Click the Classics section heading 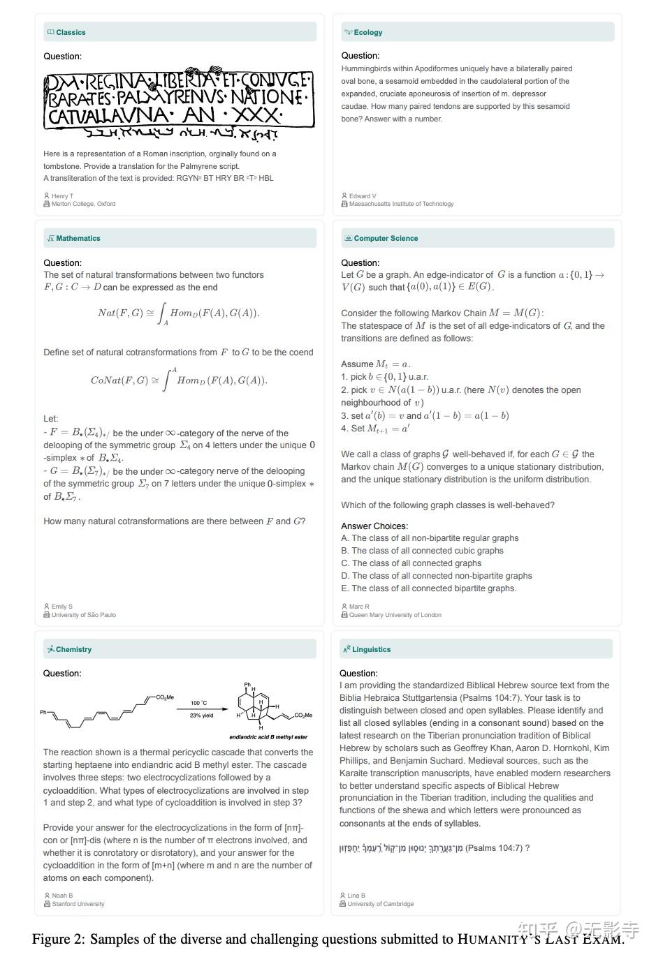click(71, 32)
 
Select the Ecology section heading click(367, 32)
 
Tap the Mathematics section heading click(78, 238)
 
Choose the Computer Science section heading click(386, 238)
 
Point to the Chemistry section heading click(73, 649)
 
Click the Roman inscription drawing click(178, 103)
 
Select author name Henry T click(62, 196)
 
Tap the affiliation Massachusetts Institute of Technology click(401, 204)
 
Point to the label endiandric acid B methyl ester click(268, 737)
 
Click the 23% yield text click(201, 715)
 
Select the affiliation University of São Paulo click(83, 615)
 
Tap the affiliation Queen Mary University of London click(395, 615)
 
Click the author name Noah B click(62, 896)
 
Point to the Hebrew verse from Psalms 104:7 click(402, 848)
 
